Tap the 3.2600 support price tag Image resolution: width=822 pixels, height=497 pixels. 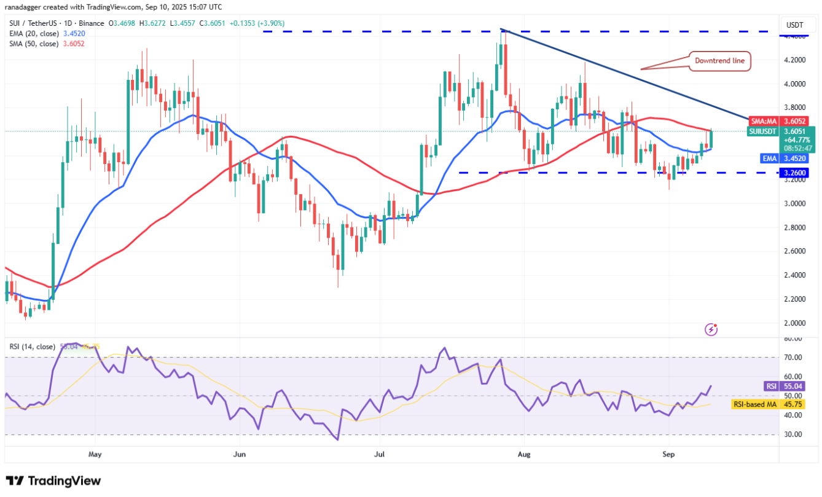tap(795, 173)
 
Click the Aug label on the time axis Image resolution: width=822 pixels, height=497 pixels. tap(523, 455)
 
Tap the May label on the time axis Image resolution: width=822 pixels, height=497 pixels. tap(95, 455)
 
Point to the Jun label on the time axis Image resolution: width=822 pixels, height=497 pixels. tap(240, 455)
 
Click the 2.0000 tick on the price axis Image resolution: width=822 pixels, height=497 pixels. tap(794, 323)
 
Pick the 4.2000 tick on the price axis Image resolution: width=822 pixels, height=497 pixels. tap(794, 60)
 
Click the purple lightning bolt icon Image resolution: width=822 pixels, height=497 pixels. tap(711, 329)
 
